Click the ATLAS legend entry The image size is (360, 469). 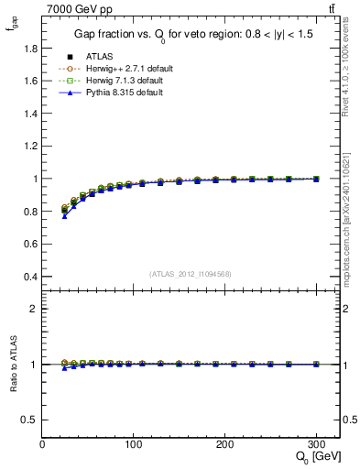pyautogui.click(x=101, y=56)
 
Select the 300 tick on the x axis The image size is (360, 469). pyautogui.click(x=316, y=443)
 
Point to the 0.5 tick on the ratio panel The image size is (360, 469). pyautogui.click(x=29, y=420)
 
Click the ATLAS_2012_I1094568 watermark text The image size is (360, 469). pyautogui.click(x=191, y=274)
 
